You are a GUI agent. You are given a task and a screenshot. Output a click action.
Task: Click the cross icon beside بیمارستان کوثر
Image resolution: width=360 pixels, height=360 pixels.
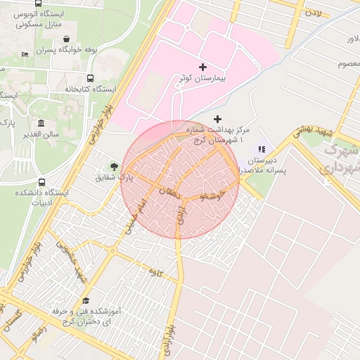(x=203, y=67)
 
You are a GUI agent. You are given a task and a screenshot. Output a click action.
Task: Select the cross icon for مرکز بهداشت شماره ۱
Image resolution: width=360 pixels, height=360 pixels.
(x=217, y=119)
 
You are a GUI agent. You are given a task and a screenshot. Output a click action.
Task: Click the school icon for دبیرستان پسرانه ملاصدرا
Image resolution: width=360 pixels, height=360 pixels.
(x=262, y=148)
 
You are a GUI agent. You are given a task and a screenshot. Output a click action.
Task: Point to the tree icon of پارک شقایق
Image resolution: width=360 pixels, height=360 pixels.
(x=113, y=167)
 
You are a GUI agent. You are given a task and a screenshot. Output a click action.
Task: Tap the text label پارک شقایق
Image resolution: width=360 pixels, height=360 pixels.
(x=112, y=178)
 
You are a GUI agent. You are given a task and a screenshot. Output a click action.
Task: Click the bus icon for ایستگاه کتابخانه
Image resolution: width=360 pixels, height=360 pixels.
(x=90, y=78)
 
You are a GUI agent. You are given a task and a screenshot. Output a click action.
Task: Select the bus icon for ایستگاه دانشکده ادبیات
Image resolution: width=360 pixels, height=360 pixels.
(x=41, y=182)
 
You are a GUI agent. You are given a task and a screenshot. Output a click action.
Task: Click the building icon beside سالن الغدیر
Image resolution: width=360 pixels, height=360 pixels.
(x=41, y=124)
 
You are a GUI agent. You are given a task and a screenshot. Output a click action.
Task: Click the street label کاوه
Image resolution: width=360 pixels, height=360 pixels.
(x=156, y=271)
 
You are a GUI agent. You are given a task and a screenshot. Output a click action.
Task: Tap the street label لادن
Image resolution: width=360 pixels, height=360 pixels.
(x=312, y=12)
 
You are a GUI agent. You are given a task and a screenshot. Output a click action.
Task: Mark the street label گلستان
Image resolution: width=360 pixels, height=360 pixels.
(x=12, y=323)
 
